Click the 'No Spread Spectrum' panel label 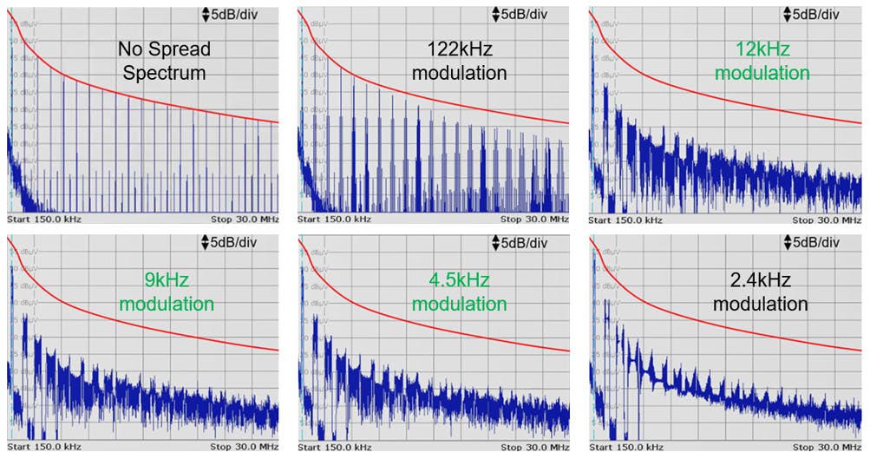164,62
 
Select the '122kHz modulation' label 459,62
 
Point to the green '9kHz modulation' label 167,292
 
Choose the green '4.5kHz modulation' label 459,292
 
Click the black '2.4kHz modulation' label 760,292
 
